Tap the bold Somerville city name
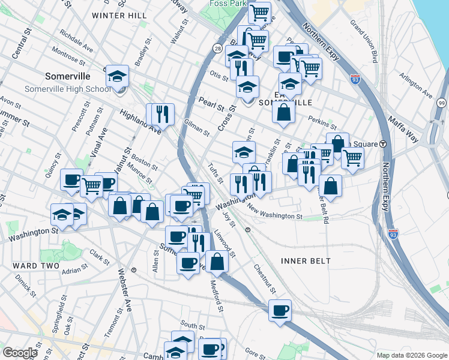[68, 76]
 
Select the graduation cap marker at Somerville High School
[117, 77]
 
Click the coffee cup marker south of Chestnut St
[280, 310]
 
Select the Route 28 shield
[217, 48]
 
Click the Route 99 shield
[441, 103]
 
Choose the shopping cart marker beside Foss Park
[259, 12]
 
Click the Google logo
[21, 353]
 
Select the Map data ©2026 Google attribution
[411, 355]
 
